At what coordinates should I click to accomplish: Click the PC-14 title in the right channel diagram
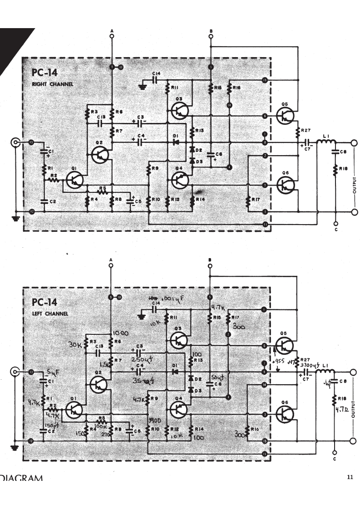click(x=45, y=73)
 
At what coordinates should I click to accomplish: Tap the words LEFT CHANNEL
click(x=50, y=314)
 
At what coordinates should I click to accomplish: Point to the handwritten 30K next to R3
click(x=74, y=345)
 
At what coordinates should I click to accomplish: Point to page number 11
click(x=350, y=477)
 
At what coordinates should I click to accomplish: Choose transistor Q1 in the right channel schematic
click(x=74, y=180)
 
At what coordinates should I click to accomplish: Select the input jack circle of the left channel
click(x=17, y=372)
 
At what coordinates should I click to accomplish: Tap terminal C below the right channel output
click(x=335, y=224)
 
